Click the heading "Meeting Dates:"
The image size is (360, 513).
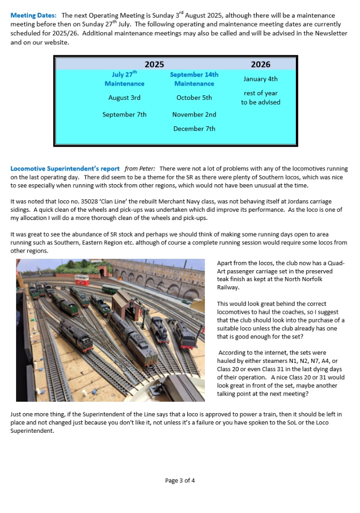34,16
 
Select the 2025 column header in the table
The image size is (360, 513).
154,64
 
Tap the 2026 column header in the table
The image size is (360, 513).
260,64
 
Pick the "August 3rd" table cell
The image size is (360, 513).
124,97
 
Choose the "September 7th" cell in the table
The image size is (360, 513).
124,114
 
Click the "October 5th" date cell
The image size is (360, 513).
194,97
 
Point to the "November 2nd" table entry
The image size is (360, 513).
194,114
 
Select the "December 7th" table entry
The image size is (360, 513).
194,128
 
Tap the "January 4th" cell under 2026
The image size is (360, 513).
260,79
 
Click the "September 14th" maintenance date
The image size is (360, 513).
194,75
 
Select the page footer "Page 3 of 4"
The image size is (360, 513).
180,480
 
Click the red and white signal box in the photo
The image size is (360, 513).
82,280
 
